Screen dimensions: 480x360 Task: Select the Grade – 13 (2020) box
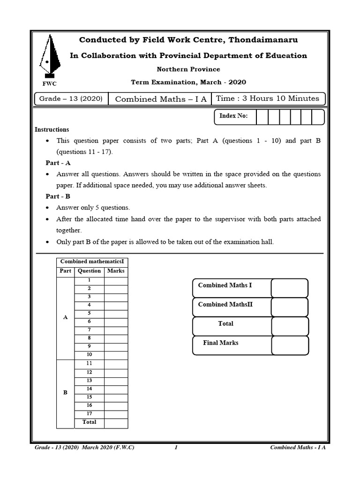(x=71, y=99)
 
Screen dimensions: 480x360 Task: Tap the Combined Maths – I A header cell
(x=160, y=99)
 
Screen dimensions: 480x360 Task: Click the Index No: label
(x=234, y=116)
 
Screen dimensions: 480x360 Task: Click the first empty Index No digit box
(x=262, y=117)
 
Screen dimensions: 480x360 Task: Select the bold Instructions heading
(x=52, y=129)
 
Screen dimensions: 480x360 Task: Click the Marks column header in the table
(x=116, y=271)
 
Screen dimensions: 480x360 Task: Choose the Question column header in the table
(x=89, y=271)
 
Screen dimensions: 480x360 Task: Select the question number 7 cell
(x=89, y=330)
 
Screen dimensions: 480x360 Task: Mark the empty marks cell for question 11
(x=116, y=364)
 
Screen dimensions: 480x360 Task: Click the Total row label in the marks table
(x=89, y=422)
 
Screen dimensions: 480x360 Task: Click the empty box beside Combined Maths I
(x=289, y=288)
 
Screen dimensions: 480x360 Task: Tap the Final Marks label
(x=220, y=343)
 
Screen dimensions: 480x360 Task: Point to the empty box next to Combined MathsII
(x=289, y=307)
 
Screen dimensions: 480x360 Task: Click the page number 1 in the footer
(x=176, y=448)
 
